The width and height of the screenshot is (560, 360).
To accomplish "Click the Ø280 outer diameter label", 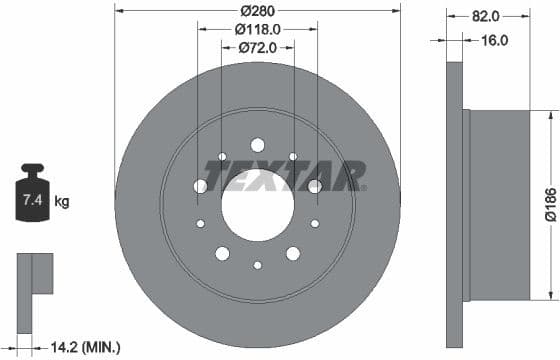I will (257, 12).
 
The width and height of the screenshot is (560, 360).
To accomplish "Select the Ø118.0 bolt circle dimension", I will (257, 30).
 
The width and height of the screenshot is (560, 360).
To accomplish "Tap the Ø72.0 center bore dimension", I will (257, 47).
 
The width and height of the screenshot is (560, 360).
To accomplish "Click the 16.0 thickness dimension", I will (494, 40).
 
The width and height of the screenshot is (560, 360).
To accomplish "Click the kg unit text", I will (62, 202).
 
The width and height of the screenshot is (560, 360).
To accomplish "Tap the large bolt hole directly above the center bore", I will (257, 144).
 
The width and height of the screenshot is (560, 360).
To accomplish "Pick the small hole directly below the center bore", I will (257, 265).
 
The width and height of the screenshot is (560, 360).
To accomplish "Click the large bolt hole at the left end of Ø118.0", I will (200, 186).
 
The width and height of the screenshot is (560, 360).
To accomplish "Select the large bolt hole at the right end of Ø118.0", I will (315, 186).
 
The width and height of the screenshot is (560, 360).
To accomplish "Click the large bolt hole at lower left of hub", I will (222, 253).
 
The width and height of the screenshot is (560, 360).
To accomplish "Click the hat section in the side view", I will (505, 205).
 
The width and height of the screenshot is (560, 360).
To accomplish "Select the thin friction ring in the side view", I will (454, 205).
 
